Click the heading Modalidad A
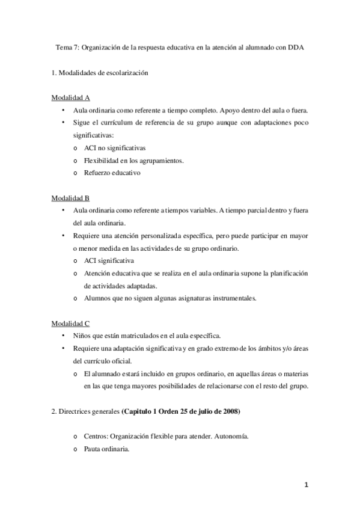70,99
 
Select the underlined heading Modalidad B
70,198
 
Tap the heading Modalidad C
70,323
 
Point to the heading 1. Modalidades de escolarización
99,73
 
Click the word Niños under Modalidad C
82,336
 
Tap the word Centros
97,436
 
